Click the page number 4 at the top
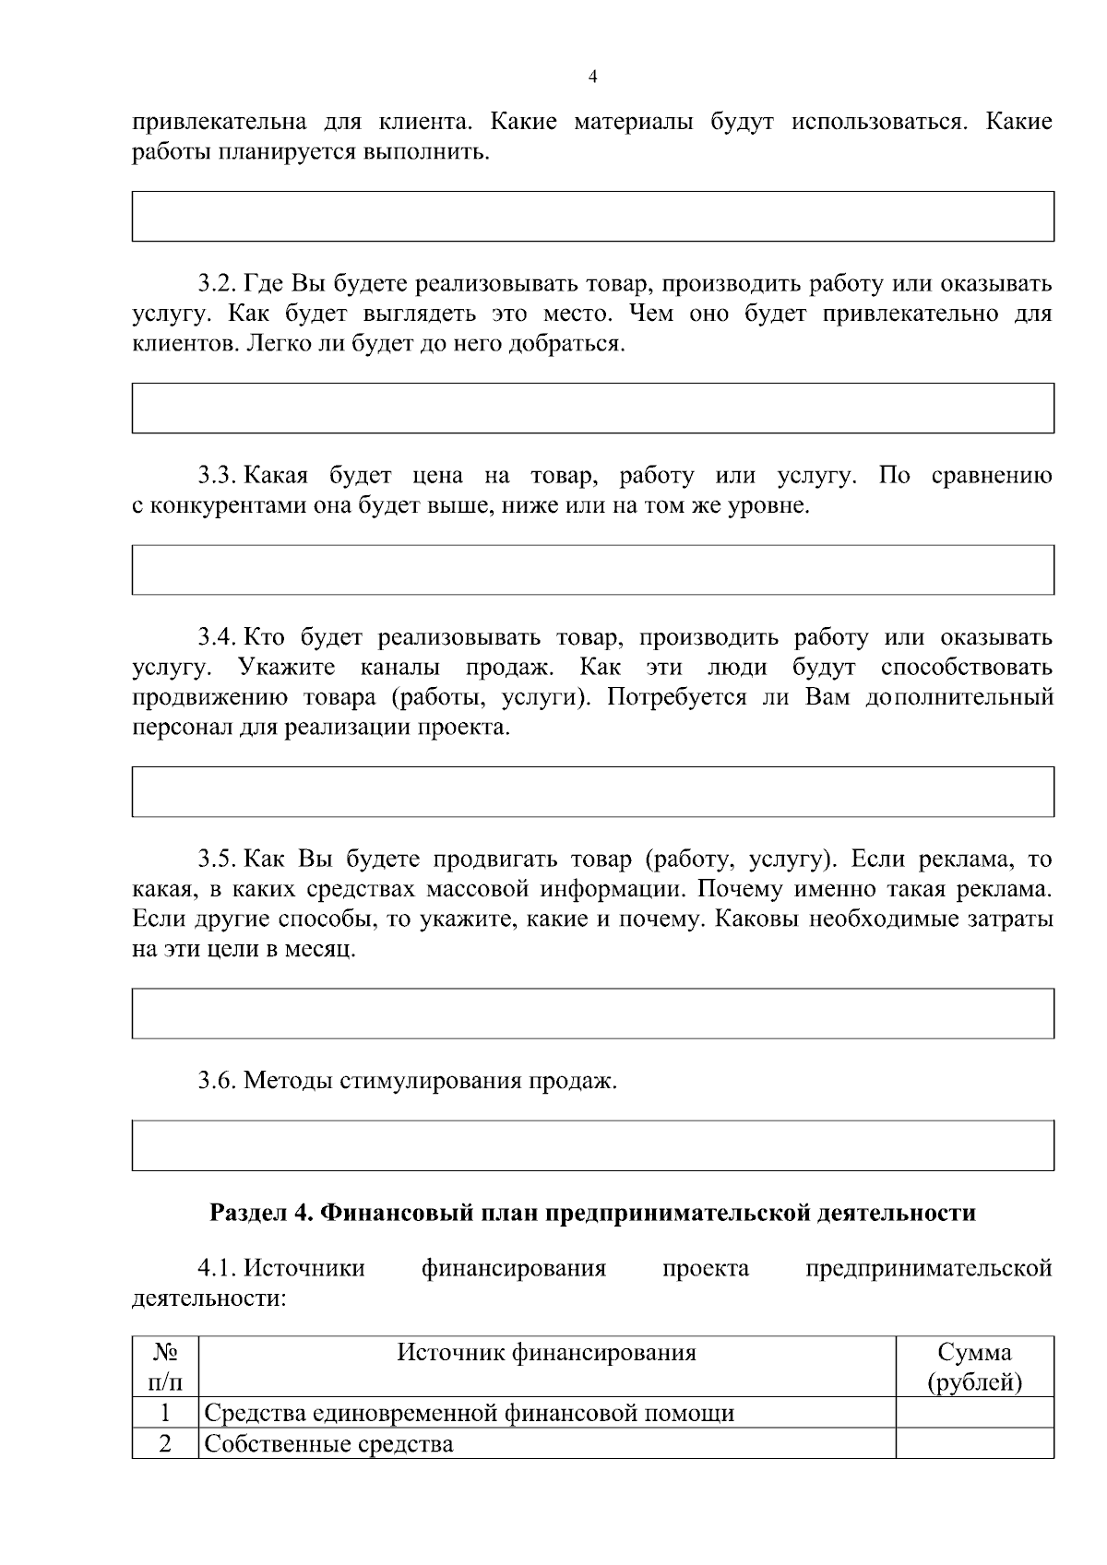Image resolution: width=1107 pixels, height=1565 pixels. point(592,77)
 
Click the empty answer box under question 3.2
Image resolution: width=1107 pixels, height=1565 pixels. point(592,408)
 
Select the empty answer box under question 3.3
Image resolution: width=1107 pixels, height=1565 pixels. point(592,569)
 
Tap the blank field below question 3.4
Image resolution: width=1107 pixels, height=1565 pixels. point(592,791)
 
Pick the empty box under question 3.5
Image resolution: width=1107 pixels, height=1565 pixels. point(592,1014)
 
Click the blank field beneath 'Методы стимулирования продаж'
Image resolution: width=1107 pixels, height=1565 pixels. point(592,1145)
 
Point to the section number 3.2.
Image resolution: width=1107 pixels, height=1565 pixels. point(217,283)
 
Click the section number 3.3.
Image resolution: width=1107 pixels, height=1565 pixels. point(217,476)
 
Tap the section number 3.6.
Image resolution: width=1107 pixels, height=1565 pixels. point(217,1080)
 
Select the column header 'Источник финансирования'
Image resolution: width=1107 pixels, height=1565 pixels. point(547,1353)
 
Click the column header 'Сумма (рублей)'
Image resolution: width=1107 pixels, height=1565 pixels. point(974,1368)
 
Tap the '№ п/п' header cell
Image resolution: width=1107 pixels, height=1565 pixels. point(165,1368)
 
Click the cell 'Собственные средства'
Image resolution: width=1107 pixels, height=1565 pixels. point(328,1444)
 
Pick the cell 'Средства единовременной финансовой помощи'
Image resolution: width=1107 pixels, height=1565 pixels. point(469,1413)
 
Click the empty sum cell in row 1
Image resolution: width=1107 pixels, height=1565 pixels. point(974,1413)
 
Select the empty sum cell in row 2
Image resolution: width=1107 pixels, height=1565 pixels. point(974,1444)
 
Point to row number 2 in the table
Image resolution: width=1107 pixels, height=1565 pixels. point(165,1444)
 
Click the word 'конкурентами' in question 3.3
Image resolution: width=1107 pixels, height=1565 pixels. point(215,506)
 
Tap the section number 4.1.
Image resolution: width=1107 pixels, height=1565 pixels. point(217,1268)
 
